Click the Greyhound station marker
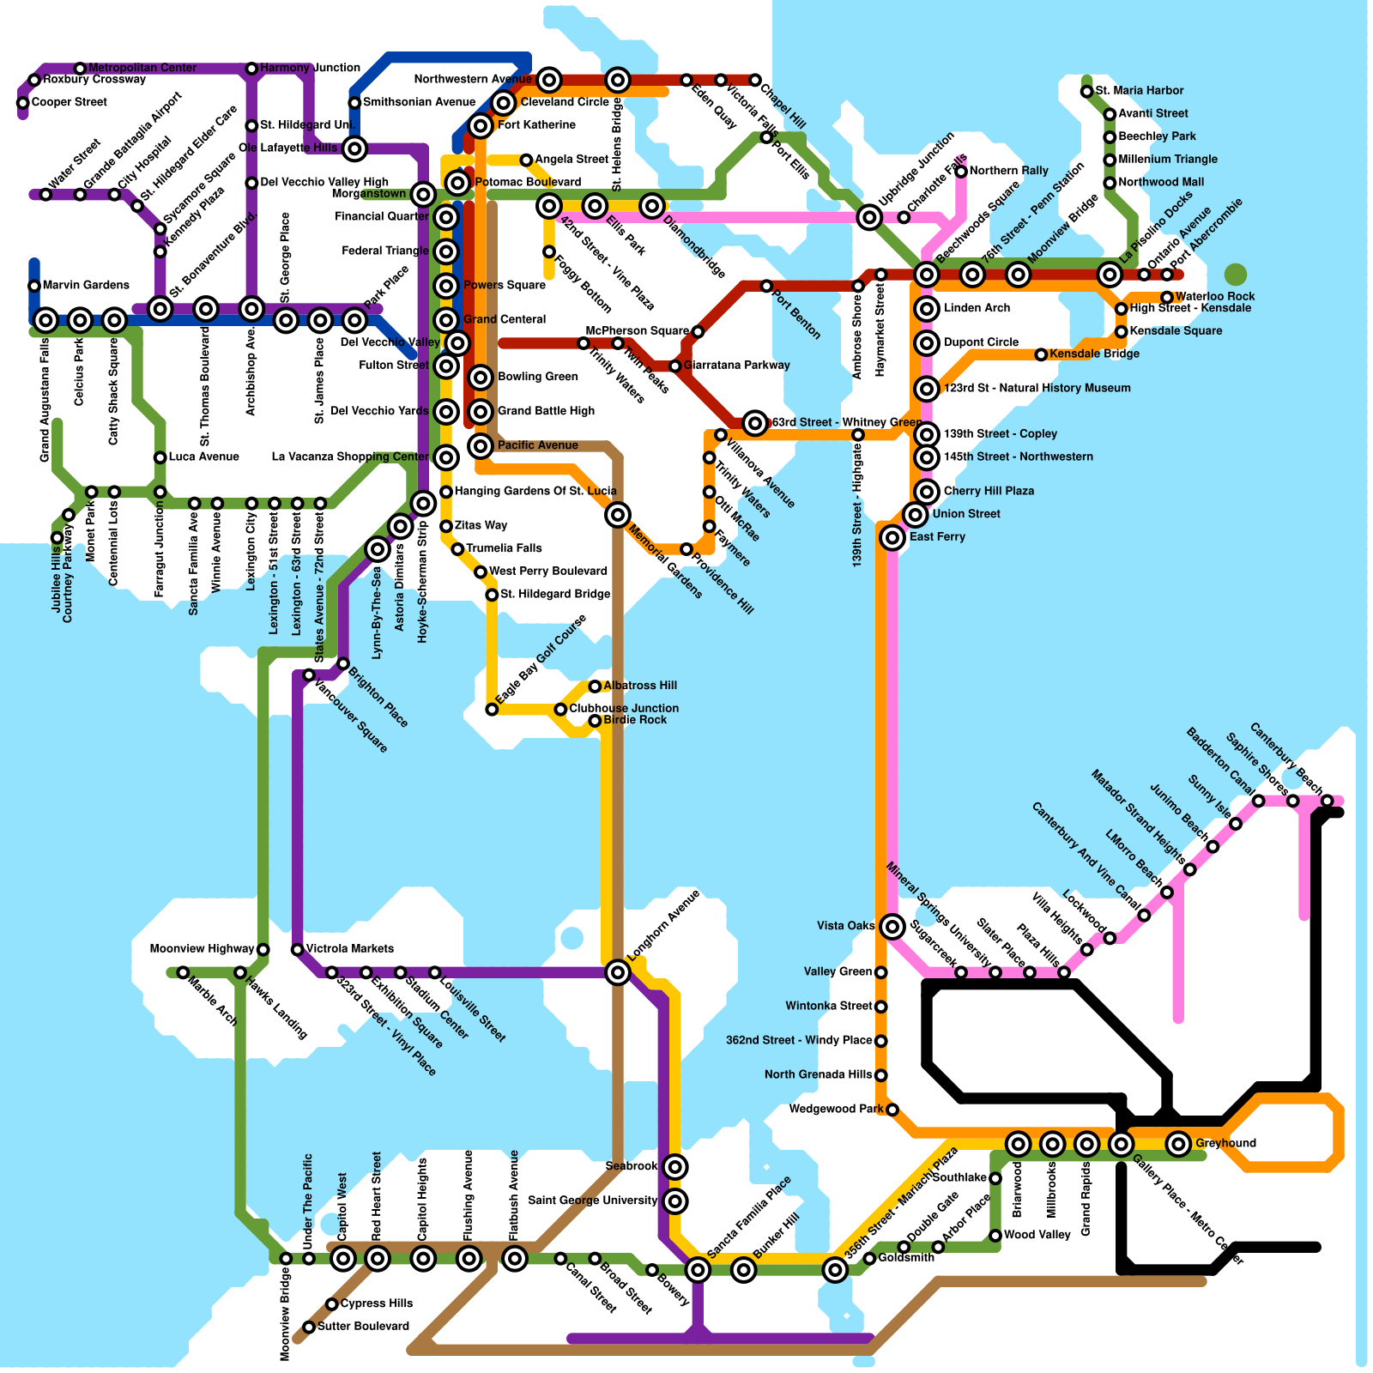pos(1178,1143)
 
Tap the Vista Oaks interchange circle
pos(892,926)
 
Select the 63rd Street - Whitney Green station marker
pos(755,422)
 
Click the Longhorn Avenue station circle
pos(618,972)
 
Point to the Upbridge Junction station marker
pos(869,217)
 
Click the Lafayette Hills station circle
pos(355,148)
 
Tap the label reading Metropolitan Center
pos(142,68)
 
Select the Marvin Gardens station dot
pos(34,286)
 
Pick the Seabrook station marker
pos(675,1166)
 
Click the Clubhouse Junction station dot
pos(560,709)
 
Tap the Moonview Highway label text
pos(202,948)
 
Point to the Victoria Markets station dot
pos(297,949)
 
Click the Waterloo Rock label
pos(1214,296)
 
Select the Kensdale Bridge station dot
pos(1041,354)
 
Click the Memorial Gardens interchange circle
pos(618,515)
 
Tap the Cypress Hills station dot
pos(332,1304)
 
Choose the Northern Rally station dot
pos(961,172)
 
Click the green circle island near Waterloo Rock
pos(1235,275)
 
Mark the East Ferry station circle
pos(892,537)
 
